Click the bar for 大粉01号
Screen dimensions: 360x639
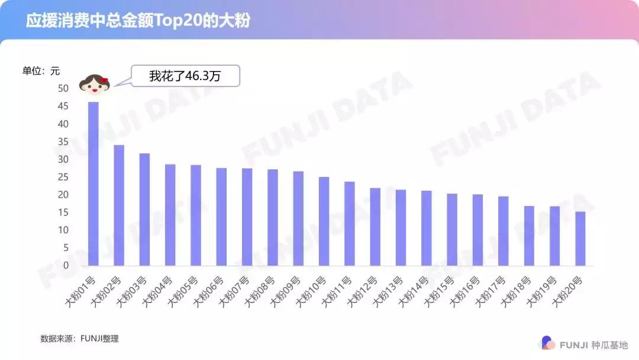click(x=93, y=184)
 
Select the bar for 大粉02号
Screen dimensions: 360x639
click(x=119, y=205)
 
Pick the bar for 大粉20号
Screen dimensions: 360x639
click(x=580, y=238)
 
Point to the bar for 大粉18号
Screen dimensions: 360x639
click(x=529, y=236)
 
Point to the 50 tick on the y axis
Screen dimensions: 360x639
click(x=63, y=88)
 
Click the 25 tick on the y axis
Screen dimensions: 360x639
click(x=63, y=177)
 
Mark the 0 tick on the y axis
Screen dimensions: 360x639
click(x=66, y=265)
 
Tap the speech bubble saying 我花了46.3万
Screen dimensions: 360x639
click(x=185, y=76)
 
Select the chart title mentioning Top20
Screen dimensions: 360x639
click(x=138, y=21)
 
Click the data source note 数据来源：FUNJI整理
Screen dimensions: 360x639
click(x=79, y=339)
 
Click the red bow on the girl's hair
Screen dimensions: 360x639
click(x=104, y=81)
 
